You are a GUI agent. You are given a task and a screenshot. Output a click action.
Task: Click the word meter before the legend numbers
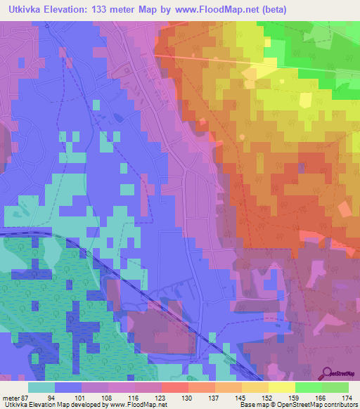12,397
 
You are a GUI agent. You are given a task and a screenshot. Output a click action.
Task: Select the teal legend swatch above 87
41,387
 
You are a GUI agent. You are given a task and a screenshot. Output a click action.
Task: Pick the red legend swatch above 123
175,387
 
